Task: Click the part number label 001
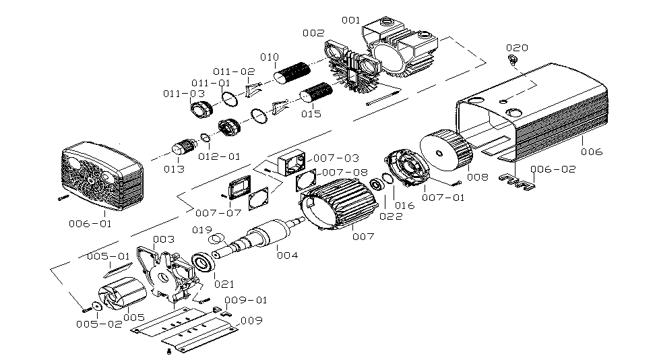[x=351, y=20]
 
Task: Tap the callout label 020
[x=517, y=48]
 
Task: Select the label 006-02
[x=553, y=169]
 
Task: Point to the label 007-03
[x=336, y=158]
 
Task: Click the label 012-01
[x=219, y=156]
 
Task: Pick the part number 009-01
[x=245, y=300]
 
